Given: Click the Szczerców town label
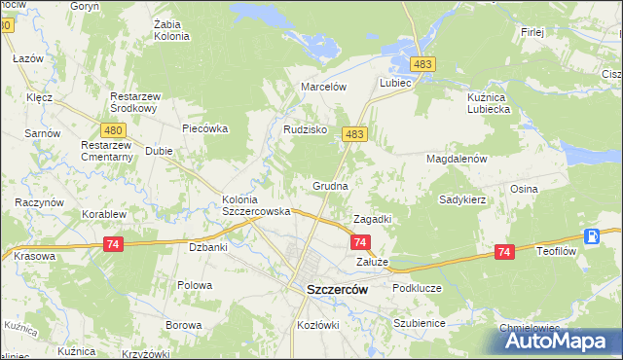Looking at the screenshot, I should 336,289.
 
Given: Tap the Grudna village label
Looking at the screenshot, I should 330,185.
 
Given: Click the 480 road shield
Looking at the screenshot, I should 113,129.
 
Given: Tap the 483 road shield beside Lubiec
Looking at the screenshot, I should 421,63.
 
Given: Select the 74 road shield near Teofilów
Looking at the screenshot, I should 503,252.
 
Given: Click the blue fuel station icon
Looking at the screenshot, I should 592,235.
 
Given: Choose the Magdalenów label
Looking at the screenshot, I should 456,158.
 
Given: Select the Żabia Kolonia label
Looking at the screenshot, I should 171,30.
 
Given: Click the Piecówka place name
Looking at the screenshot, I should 204,127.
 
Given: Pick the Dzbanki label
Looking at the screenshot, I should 207,247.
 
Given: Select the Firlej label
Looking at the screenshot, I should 531,32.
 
